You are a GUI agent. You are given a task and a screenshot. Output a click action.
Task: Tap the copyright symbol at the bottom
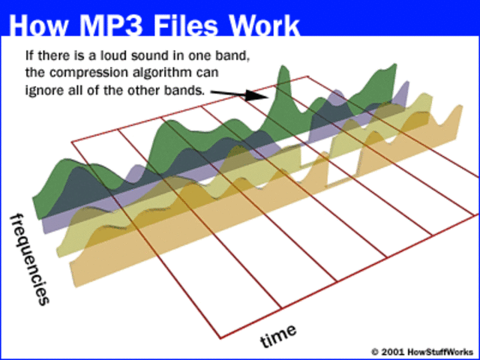pos(375,351)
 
